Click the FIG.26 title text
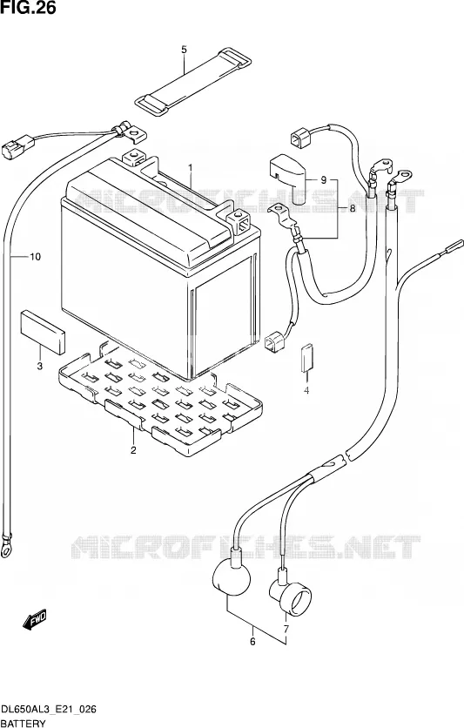(28, 7)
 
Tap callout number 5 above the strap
(184, 50)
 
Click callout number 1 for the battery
(190, 167)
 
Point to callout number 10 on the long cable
(36, 256)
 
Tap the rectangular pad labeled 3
(43, 332)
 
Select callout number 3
(40, 366)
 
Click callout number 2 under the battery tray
(133, 449)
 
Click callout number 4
(306, 391)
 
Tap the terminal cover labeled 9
(287, 179)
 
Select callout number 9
(324, 179)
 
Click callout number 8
(353, 208)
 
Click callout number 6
(252, 642)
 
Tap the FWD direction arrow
(35, 619)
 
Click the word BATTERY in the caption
(24, 723)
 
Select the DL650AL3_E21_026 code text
(49, 709)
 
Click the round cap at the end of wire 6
(231, 576)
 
